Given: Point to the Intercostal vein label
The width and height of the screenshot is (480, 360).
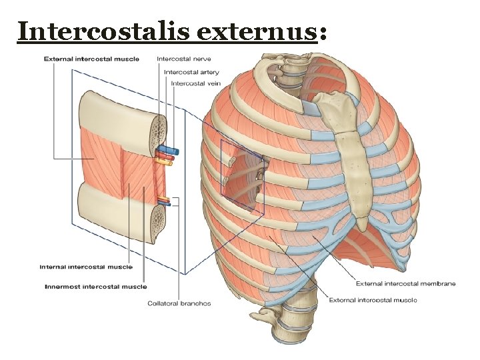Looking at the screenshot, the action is (195, 83).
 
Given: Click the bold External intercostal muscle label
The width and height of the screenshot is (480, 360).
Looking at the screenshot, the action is (91, 59).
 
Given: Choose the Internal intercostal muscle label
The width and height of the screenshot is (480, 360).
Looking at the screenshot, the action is (86, 267).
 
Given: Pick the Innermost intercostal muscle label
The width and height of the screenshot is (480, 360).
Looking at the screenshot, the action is (95, 287).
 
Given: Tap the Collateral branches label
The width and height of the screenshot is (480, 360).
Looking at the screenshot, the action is (179, 303).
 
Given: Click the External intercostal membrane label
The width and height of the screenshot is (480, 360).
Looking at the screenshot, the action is (405, 283).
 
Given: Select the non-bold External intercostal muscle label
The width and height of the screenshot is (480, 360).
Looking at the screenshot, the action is (373, 299).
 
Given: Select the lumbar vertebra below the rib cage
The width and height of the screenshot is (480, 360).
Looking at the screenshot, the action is (293, 320).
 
